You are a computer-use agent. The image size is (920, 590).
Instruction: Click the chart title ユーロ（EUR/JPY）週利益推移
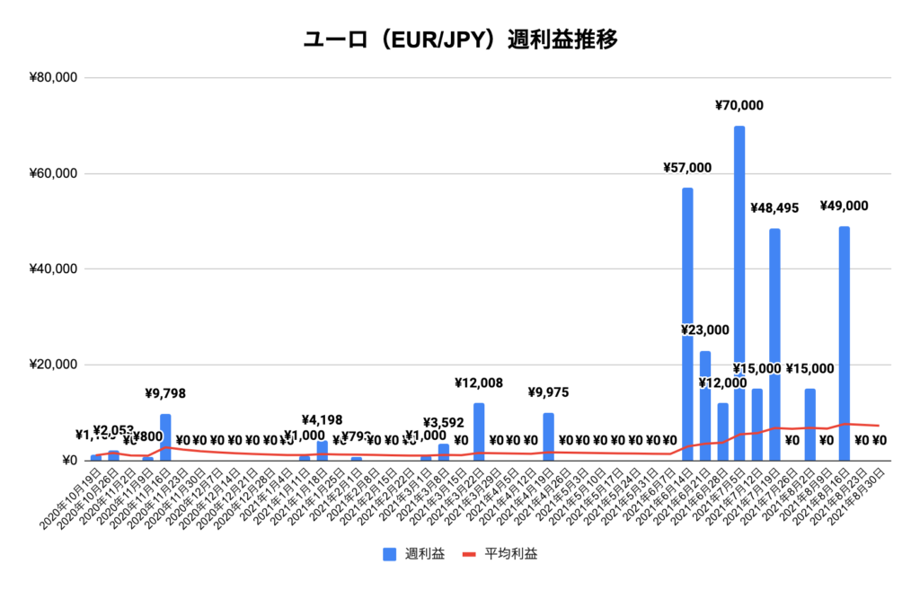[x=460, y=40]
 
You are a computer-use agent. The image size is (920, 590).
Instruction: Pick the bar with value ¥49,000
[x=845, y=341]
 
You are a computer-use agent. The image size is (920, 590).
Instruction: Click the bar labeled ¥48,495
[x=774, y=341]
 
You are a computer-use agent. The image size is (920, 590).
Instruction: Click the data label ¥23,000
[x=705, y=330]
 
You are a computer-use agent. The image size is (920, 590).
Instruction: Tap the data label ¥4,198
[x=322, y=418]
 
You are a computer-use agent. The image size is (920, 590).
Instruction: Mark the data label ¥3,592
[x=444, y=422]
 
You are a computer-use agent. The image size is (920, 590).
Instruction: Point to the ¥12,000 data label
[x=722, y=383]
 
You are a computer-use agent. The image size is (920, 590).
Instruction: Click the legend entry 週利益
[x=413, y=554]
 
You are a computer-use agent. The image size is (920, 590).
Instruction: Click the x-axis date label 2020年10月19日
[x=72, y=494]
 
